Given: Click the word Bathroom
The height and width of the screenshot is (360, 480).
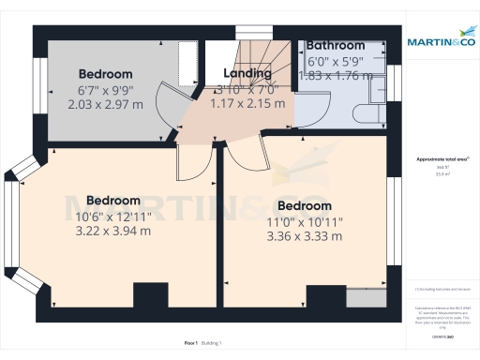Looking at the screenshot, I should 335,45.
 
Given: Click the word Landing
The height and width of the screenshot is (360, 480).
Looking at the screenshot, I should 247,73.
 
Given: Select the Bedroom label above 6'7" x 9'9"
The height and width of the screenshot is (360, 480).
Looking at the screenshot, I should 106,74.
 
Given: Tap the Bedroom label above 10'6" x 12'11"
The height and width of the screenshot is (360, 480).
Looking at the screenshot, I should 113,201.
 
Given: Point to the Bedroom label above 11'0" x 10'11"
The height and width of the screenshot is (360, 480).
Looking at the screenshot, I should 305,206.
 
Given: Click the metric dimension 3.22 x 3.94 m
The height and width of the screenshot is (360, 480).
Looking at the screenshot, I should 113,231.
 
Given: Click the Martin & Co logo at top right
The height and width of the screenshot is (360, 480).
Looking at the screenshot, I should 440,41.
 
